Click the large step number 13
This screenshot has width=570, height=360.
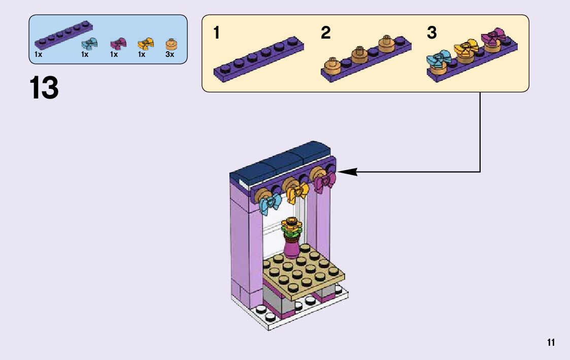[x=44, y=88]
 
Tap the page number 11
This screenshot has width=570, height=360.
[x=551, y=343]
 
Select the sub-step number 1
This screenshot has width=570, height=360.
[x=217, y=34]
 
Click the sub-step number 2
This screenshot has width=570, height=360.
[x=326, y=34]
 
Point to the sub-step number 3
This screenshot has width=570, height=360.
[x=431, y=34]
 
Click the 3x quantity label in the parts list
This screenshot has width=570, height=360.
[x=170, y=54]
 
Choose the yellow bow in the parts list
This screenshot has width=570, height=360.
[x=145, y=44]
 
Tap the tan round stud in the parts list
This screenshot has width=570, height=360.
[x=170, y=44]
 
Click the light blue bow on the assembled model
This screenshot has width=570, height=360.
[x=271, y=204]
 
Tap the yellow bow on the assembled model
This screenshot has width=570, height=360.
[x=298, y=191]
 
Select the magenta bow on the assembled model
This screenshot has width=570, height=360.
[x=324, y=182]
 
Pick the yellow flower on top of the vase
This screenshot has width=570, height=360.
[x=291, y=222]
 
